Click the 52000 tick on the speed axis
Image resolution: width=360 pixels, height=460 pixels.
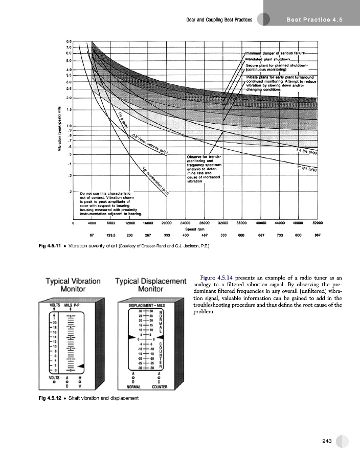[x=318, y=223]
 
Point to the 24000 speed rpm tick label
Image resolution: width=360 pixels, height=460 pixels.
[x=186, y=223]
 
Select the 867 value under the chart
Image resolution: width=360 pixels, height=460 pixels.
[x=318, y=235]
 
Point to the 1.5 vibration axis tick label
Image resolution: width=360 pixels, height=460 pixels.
[x=69, y=109]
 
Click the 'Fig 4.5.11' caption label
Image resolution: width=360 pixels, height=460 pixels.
[x=52, y=246]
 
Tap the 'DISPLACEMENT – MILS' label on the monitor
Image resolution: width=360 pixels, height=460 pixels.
[x=147, y=305]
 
